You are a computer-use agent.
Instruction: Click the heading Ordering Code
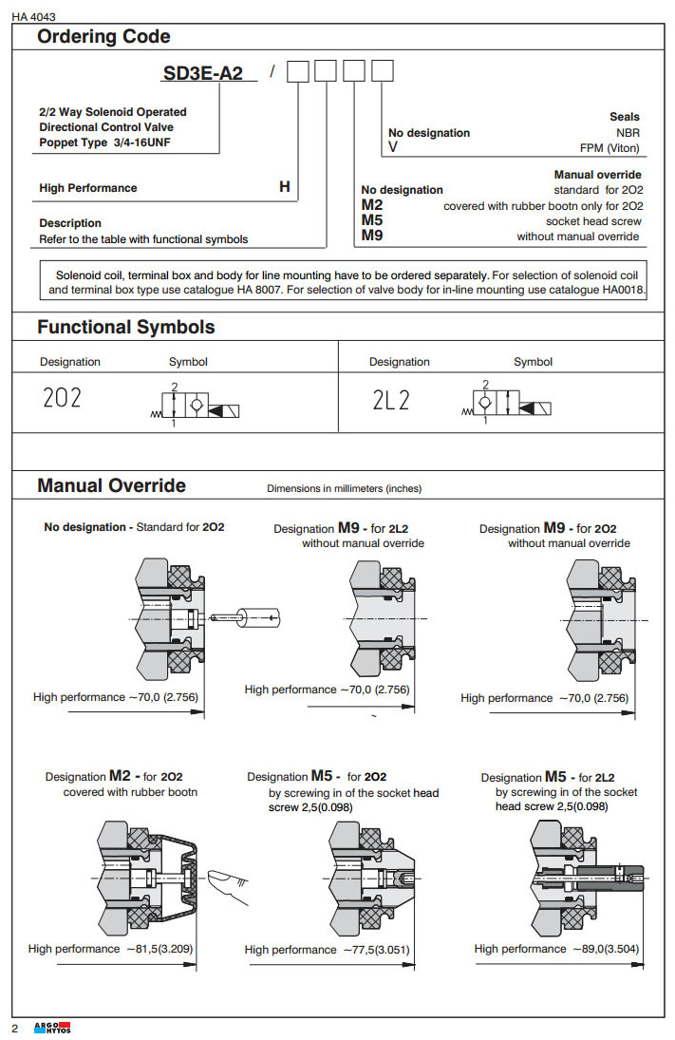pos(103,37)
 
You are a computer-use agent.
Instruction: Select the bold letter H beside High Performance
pos(284,187)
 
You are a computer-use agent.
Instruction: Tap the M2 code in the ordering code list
pos(372,205)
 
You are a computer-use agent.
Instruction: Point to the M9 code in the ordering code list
pos(372,236)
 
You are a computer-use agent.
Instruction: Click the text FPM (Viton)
pos(610,148)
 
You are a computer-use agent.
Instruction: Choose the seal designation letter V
pos(393,148)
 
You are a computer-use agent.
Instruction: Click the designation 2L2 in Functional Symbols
pos(391,400)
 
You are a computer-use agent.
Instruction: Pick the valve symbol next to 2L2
pos(509,404)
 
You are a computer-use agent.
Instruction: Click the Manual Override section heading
pos(111,485)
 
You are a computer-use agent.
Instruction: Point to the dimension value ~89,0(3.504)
pos(608,948)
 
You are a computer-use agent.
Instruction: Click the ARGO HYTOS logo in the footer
pos(52,1028)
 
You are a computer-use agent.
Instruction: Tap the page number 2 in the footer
pos(15,1029)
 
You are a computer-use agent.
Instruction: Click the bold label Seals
pos(625,117)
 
